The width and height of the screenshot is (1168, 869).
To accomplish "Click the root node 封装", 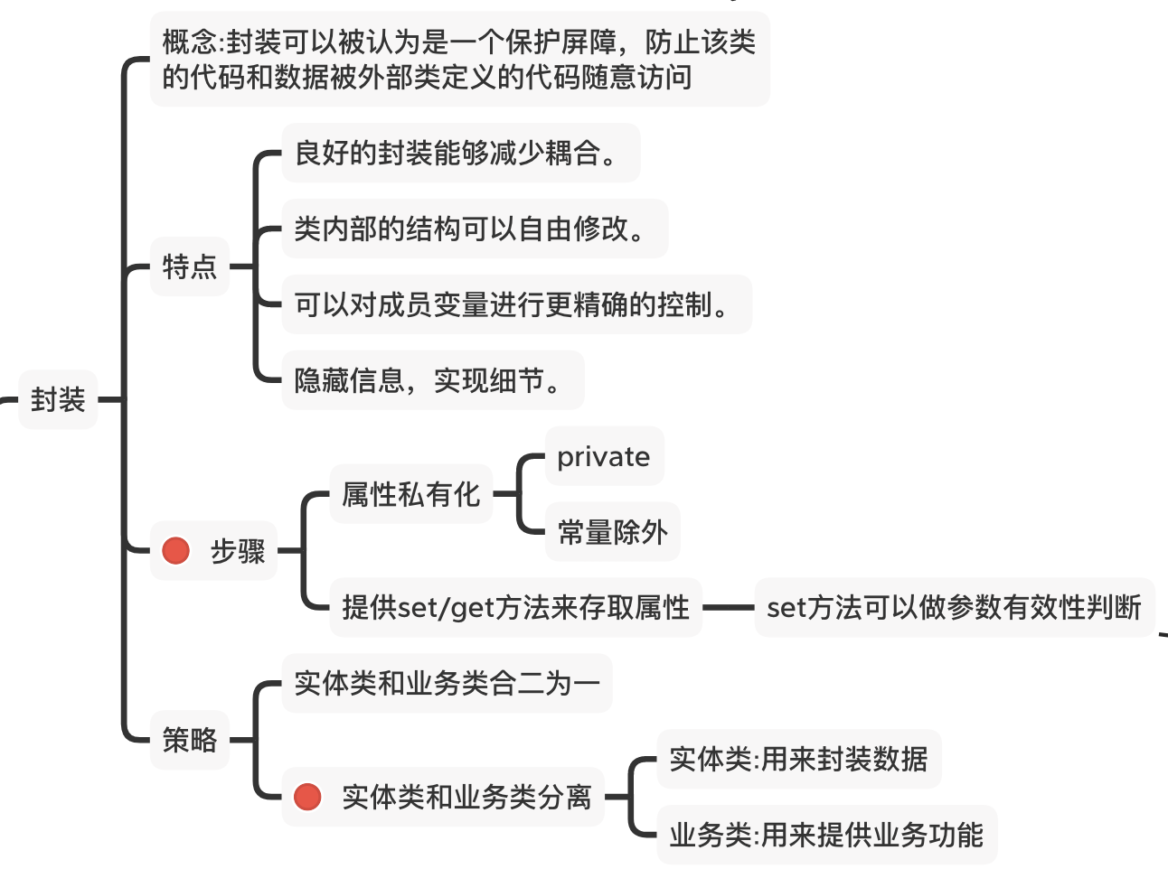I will [58, 399].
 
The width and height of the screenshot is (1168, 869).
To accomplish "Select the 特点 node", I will [189, 266].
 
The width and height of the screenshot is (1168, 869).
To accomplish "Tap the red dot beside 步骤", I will [175, 550].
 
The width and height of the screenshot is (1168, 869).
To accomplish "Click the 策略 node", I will [189, 740].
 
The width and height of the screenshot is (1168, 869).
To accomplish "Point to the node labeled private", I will [603, 456].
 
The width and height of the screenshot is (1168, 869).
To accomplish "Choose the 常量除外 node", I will [612, 532].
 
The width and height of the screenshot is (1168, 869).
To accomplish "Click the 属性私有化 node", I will [410, 494].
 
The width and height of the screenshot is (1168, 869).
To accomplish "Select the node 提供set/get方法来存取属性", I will [515, 607].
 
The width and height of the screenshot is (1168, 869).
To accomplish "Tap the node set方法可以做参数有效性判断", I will [954, 607].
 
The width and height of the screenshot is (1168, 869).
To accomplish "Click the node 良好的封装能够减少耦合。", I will [460, 153].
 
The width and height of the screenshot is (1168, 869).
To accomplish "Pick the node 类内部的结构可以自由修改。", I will [474, 229].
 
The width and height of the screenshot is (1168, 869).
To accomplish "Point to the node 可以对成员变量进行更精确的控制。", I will [515, 304].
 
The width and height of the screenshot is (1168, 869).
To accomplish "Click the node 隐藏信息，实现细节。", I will [432, 380].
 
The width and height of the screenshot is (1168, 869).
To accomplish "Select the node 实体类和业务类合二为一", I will [447, 683].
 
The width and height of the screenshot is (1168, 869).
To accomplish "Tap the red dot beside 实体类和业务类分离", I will [307, 797].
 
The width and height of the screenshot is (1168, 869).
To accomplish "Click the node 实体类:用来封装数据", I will [798, 759].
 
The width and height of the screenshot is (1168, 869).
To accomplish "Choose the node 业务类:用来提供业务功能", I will [825, 835].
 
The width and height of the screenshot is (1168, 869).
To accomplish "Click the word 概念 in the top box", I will [190, 42].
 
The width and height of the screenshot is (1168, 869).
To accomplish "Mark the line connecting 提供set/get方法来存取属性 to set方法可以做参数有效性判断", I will [728, 608].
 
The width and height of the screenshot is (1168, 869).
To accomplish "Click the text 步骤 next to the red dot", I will [238, 550].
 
